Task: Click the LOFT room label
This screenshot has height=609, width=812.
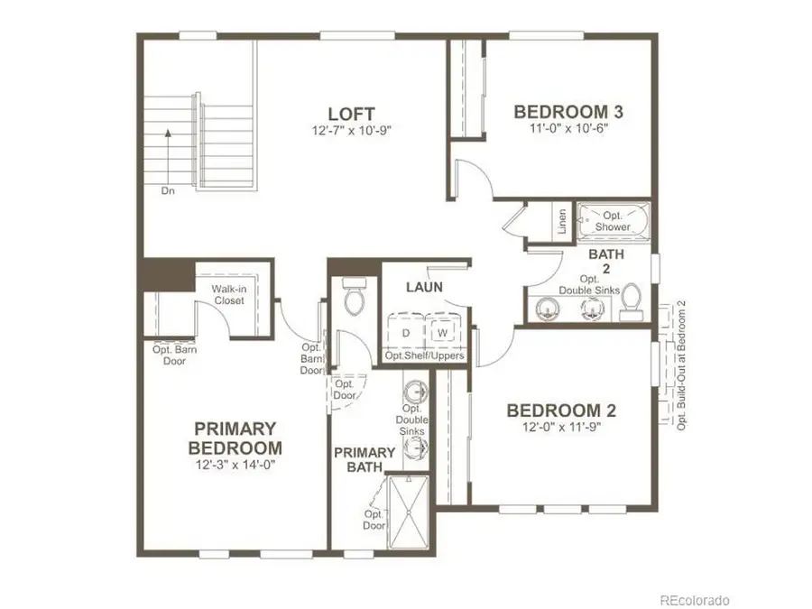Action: (352, 115)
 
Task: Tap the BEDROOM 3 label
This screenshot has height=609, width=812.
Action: (568, 112)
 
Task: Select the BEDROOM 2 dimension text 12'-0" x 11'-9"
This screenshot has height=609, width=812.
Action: (560, 428)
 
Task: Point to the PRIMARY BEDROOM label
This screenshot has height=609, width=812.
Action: (235, 438)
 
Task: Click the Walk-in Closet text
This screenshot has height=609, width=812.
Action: (228, 294)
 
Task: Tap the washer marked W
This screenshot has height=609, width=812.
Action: (443, 332)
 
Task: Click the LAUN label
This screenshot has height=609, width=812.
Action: (422, 287)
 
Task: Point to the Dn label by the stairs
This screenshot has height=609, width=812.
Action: (168, 190)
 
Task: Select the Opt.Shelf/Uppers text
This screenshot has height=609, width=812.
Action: (425, 356)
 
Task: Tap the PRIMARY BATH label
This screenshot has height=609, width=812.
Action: (364, 459)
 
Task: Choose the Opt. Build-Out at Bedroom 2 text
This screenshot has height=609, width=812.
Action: (682, 364)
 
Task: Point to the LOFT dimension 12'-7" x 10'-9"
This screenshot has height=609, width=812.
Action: (352, 131)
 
